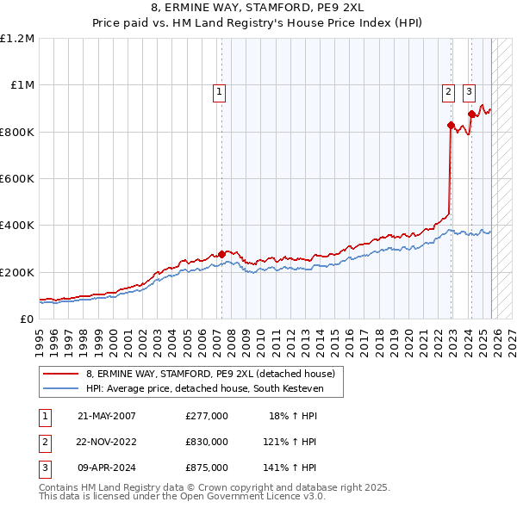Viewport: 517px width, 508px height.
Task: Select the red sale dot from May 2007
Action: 221,254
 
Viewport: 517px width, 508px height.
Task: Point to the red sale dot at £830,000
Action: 451,125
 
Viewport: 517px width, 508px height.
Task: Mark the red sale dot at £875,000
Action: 471,114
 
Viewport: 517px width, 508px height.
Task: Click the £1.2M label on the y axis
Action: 17,39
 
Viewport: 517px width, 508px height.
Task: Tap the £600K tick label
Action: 17,179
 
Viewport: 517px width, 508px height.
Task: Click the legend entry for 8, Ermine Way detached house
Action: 215,374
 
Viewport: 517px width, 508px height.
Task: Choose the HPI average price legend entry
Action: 203,388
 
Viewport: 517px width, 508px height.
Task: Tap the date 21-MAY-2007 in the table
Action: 107,416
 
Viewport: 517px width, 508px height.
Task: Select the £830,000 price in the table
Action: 206,442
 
